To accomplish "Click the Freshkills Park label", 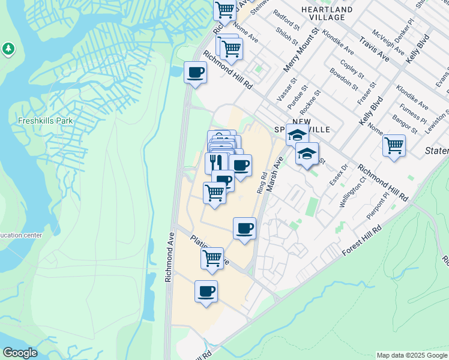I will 45,121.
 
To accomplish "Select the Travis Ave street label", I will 375,49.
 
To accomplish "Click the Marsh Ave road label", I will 275,174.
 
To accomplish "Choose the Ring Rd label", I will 261,182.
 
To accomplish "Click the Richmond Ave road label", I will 170,257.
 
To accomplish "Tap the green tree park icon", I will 8,49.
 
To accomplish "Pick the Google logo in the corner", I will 20,353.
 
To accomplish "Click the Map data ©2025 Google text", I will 412,355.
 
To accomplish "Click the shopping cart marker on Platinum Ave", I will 212,257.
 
